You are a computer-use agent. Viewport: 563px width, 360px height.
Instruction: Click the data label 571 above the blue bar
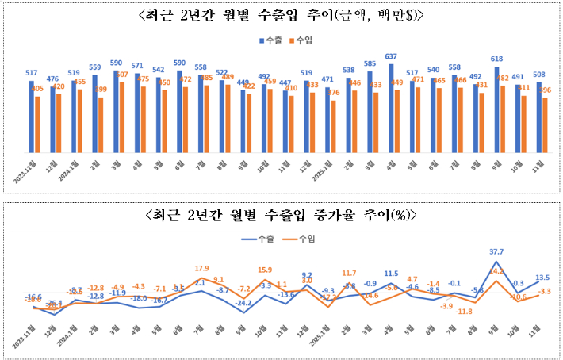137,66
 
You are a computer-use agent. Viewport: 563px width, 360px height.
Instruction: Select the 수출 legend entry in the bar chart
271,40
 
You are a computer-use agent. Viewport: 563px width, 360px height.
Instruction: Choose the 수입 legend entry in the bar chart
302,40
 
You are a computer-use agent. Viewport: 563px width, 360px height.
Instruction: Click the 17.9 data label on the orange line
201,268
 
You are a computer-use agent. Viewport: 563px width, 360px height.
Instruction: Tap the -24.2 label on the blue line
244,303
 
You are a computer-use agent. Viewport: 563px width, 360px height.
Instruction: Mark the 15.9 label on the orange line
265,270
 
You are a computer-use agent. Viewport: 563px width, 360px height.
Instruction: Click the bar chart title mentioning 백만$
281,15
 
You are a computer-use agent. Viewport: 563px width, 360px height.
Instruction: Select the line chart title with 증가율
281,216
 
